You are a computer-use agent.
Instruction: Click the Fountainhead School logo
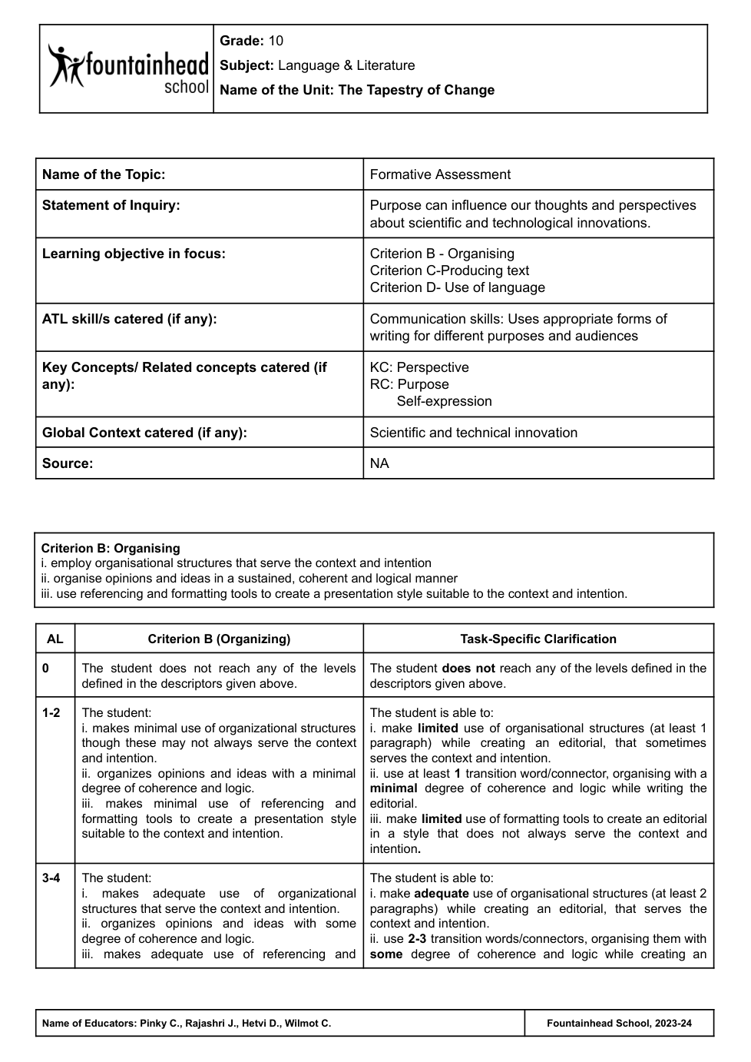[127, 68]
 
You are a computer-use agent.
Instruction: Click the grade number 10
[276, 41]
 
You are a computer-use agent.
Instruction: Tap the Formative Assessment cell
[440, 174]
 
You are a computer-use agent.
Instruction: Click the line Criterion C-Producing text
[449, 270]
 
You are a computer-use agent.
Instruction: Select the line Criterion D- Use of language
[457, 287]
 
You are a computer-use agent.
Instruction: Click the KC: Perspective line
[419, 367]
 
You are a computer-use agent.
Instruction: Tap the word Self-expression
[444, 401]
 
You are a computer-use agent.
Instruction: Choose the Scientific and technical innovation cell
[473, 433]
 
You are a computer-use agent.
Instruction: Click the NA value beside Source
[379, 463]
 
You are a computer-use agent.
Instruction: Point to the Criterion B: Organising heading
[111, 548]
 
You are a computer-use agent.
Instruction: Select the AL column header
[55, 639]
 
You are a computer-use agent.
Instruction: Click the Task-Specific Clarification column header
[538, 639]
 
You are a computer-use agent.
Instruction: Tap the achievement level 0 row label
[46, 669]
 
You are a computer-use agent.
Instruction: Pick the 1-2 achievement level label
[51, 713]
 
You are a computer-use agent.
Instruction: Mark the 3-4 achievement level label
[51, 878]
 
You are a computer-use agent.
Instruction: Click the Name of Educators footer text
[187, 1024]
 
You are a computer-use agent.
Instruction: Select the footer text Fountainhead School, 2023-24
[619, 1024]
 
